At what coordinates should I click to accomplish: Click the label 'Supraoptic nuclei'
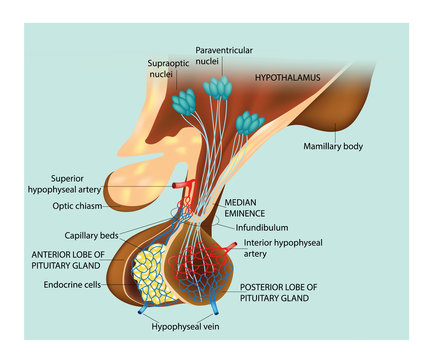click(156, 68)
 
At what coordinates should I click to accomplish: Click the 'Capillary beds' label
click(72, 236)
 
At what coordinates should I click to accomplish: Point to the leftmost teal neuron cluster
click(186, 101)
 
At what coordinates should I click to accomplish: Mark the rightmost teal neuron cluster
click(249, 124)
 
